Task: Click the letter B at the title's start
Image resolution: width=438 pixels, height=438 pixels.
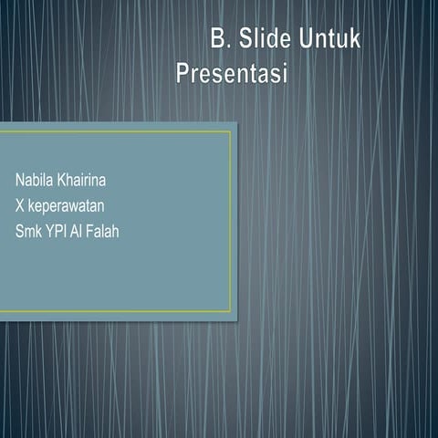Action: pyautogui.click(x=217, y=39)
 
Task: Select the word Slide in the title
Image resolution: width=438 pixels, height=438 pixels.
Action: pyautogui.click(x=265, y=39)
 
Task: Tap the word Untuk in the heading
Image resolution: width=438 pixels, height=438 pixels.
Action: pyautogui.click(x=331, y=39)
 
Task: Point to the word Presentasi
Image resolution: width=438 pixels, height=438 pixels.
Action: pyautogui.click(x=231, y=72)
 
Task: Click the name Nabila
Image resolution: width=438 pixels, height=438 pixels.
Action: pyautogui.click(x=33, y=178)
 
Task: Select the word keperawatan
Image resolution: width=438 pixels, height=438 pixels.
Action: pyautogui.click(x=71, y=205)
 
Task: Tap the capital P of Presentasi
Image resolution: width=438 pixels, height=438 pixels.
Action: pyautogui.click(x=182, y=72)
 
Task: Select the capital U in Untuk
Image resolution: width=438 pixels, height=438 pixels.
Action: pyautogui.click(x=304, y=39)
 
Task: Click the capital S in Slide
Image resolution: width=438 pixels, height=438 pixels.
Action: pyautogui.click(x=245, y=39)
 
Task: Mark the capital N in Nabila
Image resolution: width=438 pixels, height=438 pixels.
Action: pyautogui.click(x=18, y=178)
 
